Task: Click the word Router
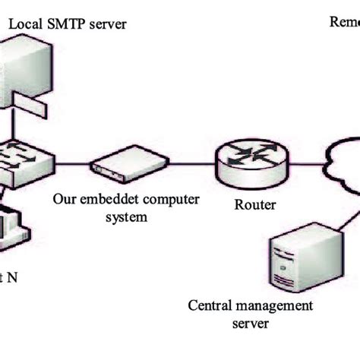click(255, 204)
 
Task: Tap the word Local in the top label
click(26, 24)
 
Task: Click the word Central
click(207, 307)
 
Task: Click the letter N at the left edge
click(12, 278)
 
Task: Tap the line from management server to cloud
click(345, 220)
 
